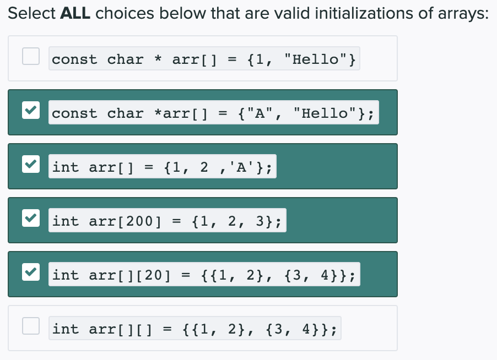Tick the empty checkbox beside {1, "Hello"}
click(x=30, y=56)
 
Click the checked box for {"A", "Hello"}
click(x=30, y=110)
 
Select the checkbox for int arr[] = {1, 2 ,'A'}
click(x=30, y=164)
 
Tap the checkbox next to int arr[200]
click(x=30, y=218)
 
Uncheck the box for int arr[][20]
click(x=30, y=272)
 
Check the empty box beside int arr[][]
click(x=30, y=326)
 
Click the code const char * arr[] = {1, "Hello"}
click(x=204, y=59)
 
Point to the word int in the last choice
click(x=66, y=329)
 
